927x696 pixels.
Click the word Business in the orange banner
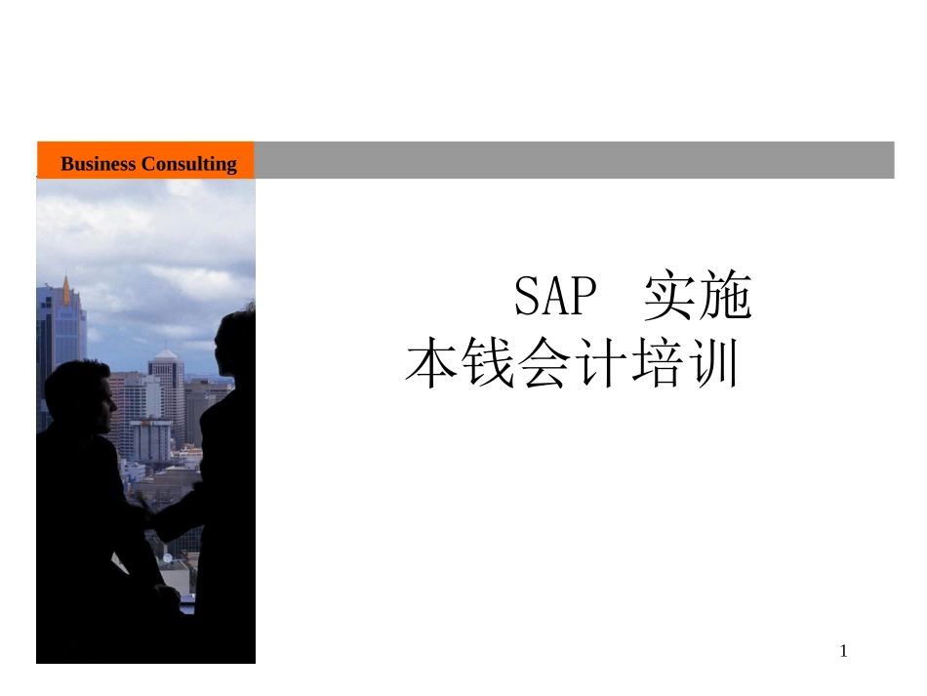[x=98, y=164]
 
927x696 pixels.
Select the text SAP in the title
[x=554, y=298]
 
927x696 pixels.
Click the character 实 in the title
[x=670, y=298]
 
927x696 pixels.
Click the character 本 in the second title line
[x=431, y=363]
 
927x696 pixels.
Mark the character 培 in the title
[x=659, y=363]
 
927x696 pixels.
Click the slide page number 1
[x=844, y=651]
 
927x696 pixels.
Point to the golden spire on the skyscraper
[x=66, y=290]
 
